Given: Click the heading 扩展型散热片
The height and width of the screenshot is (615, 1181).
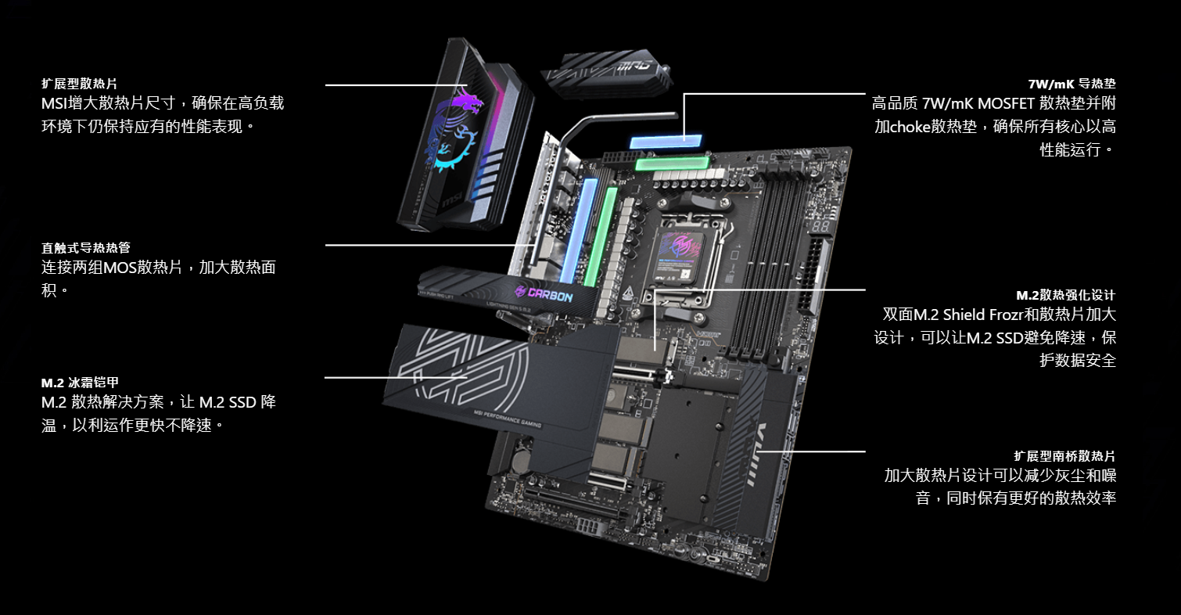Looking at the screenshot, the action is pyautogui.click(x=80, y=84).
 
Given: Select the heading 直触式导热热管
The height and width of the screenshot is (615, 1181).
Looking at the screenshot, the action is pyautogui.click(x=86, y=248).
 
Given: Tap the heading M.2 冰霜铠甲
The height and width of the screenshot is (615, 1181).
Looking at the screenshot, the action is pyautogui.click(x=80, y=383).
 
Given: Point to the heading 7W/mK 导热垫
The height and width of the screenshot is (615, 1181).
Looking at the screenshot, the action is pyautogui.click(x=1072, y=84).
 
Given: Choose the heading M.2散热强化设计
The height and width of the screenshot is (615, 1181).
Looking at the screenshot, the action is pyautogui.click(x=1066, y=295).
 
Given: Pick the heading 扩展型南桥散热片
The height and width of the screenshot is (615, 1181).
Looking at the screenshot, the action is pyautogui.click(x=1065, y=456).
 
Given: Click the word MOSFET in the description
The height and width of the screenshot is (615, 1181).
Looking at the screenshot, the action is pyautogui.click(x=1007, y=103).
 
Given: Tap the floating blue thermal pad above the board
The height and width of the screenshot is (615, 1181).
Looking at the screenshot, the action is pyautogui.click(x=666, y=142).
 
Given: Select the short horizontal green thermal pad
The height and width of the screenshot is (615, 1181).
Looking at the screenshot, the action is pyautogui.click(x=672, y=163).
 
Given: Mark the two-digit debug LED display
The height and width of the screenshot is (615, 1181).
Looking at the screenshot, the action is pyautogui.click(x=820, y=228).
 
